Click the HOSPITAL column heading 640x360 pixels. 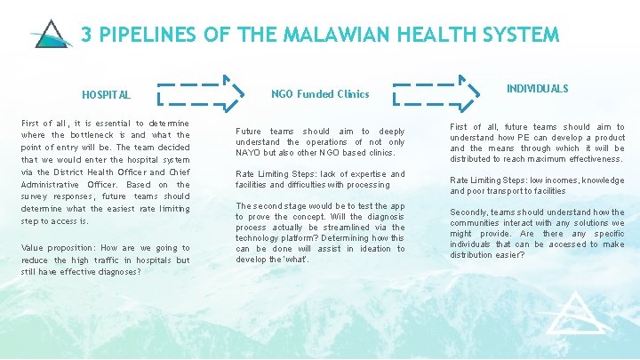click(x=106, y=94)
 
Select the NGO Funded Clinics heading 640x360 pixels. click(x=320, y=93)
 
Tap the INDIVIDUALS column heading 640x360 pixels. click(x=537, y=89)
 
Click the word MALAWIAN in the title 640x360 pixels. click(x=337, y=35)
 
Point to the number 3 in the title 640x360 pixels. click(x=87, y=35)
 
